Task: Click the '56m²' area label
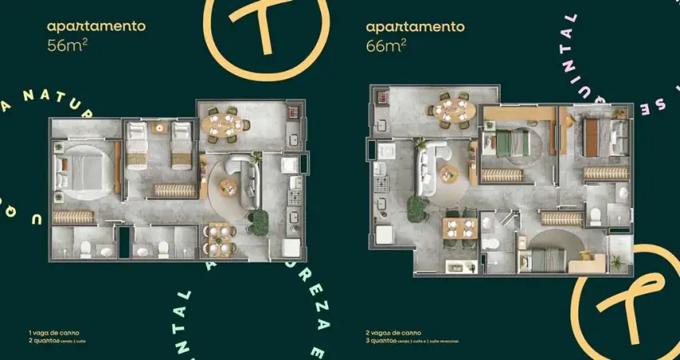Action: [66, 45]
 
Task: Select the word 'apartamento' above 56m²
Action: [96, 26]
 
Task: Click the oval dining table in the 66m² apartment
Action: [454, 107]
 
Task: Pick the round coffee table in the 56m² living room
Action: [229, 187]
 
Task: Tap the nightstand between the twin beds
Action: [159, 128]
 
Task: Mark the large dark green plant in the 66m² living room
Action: [415, 209]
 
